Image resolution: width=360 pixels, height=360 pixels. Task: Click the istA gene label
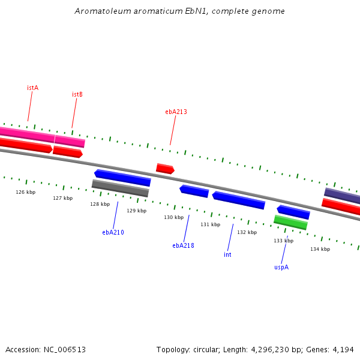pyautogui.click(x=33, y=88)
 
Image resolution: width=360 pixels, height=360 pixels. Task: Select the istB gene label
pyautogui.click(x=77, y=94)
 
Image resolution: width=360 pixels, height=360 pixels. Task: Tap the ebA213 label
pyautogui.click(x=176, y=112)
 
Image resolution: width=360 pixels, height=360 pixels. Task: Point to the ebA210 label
pyautogui.click(x=113, y=232)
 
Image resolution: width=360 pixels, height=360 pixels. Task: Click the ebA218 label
pyautogui.click(x=183, y=245)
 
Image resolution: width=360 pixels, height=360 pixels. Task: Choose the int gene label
pyautogui.click(x=227, y=254)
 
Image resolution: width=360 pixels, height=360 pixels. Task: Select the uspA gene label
pyautogui.click(x=281, y=267)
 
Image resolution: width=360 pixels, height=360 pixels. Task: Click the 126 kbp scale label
pyautogui.click(x=26, y=192)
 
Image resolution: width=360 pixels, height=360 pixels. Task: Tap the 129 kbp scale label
pyautogui.click(x=137, y=211)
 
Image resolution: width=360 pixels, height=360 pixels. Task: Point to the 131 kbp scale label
pyautogui.click(x=211, y=224)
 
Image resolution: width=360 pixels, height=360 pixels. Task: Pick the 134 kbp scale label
pyautogui.click(x=320, y=249)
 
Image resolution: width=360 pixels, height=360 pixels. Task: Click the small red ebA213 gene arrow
pyautogui.click(x=166, y=169)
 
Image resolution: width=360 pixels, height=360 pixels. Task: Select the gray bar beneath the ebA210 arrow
pyautogui.click(x=121, y=188)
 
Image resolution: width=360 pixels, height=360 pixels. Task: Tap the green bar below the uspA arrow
pyautogui.click(x=290, y=222)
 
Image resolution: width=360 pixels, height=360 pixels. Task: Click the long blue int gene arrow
pyautogui.click(x=239, y=200)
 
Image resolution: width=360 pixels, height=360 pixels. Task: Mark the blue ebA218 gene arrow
pyautogui.click(x=194, y=191)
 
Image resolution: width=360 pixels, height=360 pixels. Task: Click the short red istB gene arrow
pyautogui.click(x=68, y=152)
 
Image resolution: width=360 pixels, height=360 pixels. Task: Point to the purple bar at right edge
pyautogui.click(x=342, y=196)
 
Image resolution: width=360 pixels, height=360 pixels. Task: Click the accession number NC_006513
pyautogui.click(x=65, y=350)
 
